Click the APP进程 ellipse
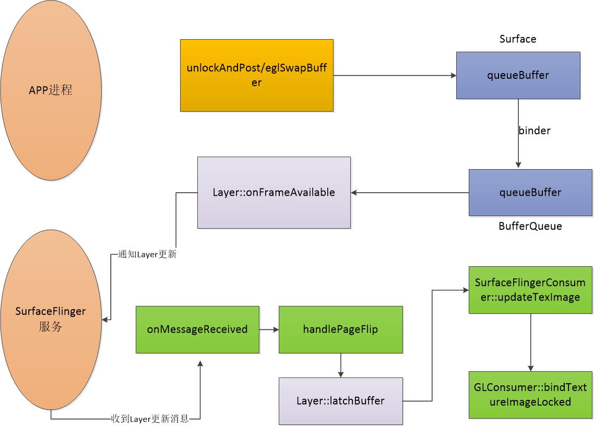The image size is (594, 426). [51, 90]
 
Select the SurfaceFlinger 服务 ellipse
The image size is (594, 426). [51, 319]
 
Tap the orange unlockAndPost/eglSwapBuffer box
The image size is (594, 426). [256, 75]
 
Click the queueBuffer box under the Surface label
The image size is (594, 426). [518, 75]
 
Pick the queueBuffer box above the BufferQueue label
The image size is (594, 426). [530, 192]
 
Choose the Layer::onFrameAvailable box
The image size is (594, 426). [274, 192]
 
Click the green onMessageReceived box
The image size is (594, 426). [197, 329]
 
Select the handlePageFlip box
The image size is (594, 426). [340, 329]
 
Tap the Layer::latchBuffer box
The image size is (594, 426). [340, 401]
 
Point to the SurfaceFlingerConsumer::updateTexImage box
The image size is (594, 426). [530, 290]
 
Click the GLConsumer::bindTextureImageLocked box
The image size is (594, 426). [530, 395]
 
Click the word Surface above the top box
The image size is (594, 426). [517, 39]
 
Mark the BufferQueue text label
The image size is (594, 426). [530, 227]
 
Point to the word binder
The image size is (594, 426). [534, 131]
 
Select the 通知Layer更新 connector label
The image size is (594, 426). [147, 255]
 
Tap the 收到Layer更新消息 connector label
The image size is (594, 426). [150, 419]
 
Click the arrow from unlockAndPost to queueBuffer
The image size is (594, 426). [394, 76]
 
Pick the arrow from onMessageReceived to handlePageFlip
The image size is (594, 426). [269, 329]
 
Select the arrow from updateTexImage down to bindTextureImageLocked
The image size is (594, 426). [530, 342]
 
